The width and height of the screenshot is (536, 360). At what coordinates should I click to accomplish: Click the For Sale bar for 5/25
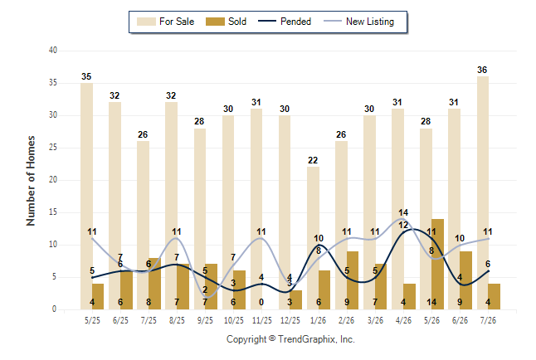pos(86,197)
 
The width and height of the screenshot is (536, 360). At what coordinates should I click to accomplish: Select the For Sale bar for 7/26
pos(483,193)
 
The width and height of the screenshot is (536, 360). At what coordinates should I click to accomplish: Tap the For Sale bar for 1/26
pos(313,238)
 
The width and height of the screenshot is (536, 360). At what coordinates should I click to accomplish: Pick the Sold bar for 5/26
pos(437,265)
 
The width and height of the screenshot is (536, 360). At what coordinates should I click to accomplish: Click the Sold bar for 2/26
pos(353,280)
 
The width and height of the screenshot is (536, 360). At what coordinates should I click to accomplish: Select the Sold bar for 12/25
pos(296,299)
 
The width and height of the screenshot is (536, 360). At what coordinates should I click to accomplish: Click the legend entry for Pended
pos(285,22)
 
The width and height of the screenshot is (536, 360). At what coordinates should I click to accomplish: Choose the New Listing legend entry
pos(359,22)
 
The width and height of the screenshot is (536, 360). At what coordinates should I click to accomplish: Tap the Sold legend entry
pos(226,22)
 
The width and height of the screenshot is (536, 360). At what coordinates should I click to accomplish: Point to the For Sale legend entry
pos(165,22)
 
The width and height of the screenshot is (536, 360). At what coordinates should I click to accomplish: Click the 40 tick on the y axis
pos(53,51)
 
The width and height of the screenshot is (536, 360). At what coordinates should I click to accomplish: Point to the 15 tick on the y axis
pos(53,212)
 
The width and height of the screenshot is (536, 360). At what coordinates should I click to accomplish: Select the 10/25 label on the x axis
pos(234,320)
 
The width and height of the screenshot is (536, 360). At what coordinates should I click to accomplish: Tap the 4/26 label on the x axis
pos(403,320)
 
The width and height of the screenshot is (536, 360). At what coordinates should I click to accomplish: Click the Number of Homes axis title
pos(31,181)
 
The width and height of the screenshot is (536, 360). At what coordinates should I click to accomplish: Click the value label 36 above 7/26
pos(482,70)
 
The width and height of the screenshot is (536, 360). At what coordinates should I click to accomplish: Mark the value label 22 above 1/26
pos(313,160)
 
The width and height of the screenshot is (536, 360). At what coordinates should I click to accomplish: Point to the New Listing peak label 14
pos(403,212)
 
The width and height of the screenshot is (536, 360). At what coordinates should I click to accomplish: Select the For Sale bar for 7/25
pos(143,226)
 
